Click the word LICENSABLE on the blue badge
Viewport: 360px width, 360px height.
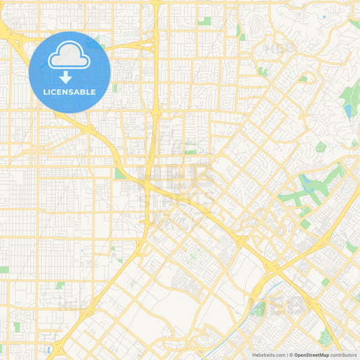click(70, 92)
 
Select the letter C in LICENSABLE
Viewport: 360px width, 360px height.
click(55, 92)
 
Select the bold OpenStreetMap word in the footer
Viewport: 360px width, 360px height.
click(311, 355)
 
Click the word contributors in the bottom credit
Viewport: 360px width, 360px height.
click(343, 355)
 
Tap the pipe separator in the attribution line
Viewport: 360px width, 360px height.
click(289, 355)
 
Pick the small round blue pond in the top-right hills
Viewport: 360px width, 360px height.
click(324, 17)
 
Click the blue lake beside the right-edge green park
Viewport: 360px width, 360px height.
click(349, 110)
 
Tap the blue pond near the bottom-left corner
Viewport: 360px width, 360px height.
click(49, 350)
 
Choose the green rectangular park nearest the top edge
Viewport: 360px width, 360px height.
click(204, 21)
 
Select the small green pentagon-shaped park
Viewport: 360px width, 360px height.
click(321, 147)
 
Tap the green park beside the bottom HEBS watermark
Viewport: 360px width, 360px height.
click(258, 309)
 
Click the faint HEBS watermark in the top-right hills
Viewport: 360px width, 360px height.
click(280, 47)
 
